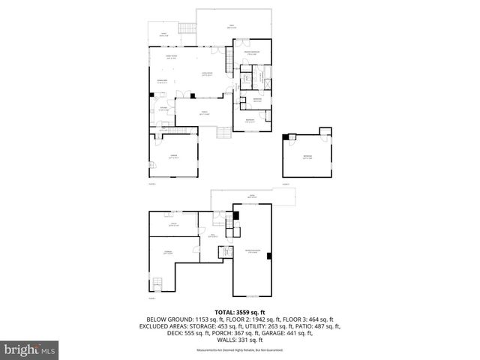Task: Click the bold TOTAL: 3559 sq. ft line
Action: tap(240, 312)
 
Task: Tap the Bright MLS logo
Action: tap(30, 349)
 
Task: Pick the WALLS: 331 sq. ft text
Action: tap(240, 339)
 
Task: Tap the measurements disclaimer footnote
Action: tap(240, 349)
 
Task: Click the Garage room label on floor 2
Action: tap(172, 157)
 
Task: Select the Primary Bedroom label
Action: tap(253, 52)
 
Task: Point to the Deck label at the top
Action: tap(232, 27)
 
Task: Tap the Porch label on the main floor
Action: tap(203, 112)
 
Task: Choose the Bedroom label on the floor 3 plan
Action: tap(307, 157)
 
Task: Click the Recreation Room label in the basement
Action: tap(251, 251)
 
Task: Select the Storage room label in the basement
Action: tap(169, 253)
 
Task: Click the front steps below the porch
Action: tap(223, 133)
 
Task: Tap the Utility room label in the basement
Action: tap(172, 223)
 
